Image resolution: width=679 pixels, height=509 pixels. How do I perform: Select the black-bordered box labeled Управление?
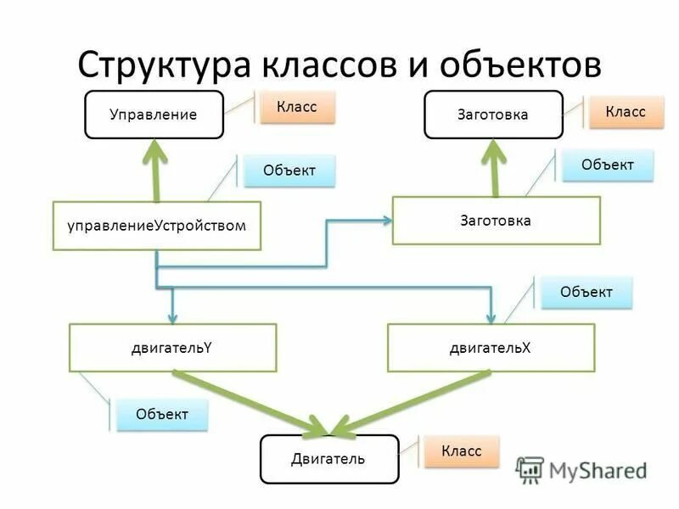pyautogui.click(x=154, y=115)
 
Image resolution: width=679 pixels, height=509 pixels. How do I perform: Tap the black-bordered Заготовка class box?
pyautogui.click(x=493, y=115)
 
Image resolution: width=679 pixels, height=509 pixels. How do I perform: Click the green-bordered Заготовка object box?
pyautogui.click(x=496, y=221)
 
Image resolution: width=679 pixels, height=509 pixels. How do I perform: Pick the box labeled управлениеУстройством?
pyautogui.click(x=156, y=226)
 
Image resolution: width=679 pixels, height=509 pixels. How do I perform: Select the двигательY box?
pyautogui.click(x=172, y=347)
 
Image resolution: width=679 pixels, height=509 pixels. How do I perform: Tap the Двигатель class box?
pyautogui.click(x=328, y=459)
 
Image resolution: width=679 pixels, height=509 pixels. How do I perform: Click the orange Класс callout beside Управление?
pyautogui.click(x=297, y=108)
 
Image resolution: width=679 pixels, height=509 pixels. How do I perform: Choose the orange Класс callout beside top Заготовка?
pyautogui.click(x=626, y=111)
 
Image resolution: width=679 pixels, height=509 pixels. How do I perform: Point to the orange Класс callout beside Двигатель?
pyautogui.click(x=461, y=451)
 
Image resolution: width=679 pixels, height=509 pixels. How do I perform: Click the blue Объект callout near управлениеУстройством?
pyautogui.click(x=289, y=171)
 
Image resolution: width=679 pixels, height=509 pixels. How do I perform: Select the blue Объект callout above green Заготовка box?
pyautogui.click(x=608, y=165)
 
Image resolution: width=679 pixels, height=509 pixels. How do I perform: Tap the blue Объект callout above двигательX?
pyautogui.click(x=586, y=293)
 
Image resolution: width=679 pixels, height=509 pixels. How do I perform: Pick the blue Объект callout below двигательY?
pyautogui.click(x=162, y=415)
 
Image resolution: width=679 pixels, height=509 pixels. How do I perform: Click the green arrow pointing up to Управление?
pyautogui.click(x=156, y=170)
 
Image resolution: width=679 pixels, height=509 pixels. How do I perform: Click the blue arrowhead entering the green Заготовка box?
pyautogui.click(x=387, y=221)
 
